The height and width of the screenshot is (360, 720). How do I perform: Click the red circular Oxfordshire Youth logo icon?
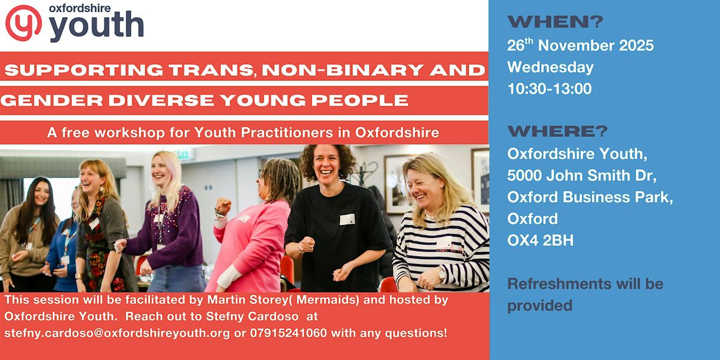23,22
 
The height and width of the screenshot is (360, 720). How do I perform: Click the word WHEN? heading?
556,23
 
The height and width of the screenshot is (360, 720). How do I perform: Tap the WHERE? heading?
558,131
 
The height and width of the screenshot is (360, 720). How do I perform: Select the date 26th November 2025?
580,46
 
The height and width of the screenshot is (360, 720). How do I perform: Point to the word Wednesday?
550,67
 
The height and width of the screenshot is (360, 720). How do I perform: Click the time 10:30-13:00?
550,89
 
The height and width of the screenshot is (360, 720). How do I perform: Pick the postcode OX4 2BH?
540,241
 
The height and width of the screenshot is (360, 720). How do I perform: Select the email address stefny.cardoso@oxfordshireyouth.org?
117,332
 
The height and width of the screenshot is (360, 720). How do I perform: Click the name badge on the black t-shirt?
347,219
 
